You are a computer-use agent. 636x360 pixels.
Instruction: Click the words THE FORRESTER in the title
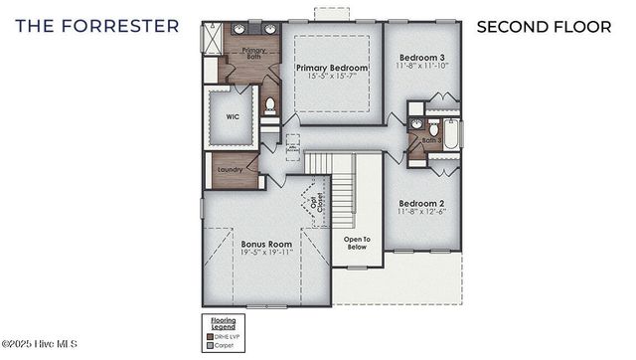tap(96, 26)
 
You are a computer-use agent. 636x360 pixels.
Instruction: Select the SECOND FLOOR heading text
tap(544, 26)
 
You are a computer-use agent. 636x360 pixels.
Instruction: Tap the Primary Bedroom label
tap(332, 68)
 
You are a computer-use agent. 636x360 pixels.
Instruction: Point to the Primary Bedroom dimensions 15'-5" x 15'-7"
tap(332, 78)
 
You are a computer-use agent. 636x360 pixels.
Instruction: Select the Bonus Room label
tap(266, 244)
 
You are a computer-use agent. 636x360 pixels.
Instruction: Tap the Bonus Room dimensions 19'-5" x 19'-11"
tap(266, 254)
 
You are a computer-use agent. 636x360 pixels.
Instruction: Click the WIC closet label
tap(232, 116)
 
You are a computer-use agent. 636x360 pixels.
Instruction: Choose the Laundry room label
tap(231, 169)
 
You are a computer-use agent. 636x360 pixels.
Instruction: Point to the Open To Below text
tap(356, 243)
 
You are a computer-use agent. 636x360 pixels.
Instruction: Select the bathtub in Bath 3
tap(451, 134)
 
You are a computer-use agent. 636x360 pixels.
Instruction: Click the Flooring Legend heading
tap(224, 324)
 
